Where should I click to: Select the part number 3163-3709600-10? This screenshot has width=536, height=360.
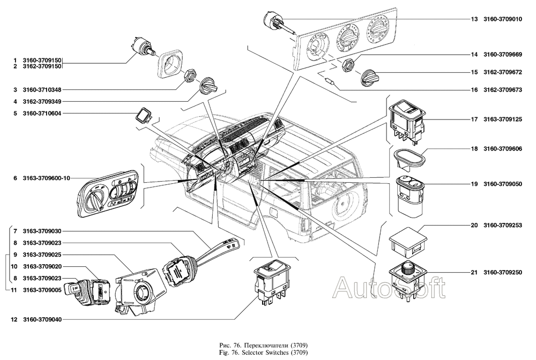pos(47,178)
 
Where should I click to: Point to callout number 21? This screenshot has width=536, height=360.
pos(474,273)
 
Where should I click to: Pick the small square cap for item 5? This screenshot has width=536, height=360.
pos(143,115)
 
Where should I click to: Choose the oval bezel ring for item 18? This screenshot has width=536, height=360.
pos(410,159)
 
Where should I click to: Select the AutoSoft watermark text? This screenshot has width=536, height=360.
pos(389,289)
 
